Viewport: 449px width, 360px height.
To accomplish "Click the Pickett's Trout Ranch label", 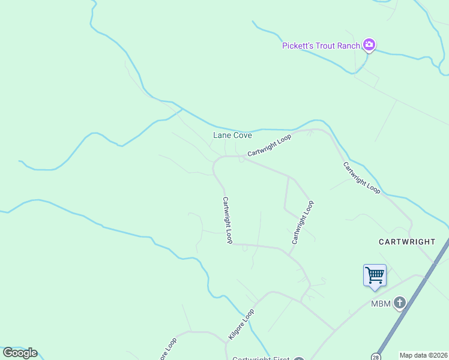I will tap(321, 46).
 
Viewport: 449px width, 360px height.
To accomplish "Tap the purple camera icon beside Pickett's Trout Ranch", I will tap(369, 45).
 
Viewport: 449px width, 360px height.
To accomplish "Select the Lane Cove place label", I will tap(233, 136).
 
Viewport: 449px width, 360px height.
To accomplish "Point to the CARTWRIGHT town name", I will tap(407, 242).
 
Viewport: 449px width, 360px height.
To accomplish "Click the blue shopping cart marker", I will tap(375, 275).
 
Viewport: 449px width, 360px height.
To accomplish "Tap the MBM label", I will tap(381, 304).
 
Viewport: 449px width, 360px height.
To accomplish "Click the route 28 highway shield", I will tap(376, 356).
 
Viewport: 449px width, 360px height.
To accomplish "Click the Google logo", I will tap(20, 353).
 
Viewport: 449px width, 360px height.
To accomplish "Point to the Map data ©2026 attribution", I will tap(424, 355).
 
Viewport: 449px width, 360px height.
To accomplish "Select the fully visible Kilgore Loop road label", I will tap(241, 325).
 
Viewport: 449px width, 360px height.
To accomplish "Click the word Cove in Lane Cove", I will tap(243, 136).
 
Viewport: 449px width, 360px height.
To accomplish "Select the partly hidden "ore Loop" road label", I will tap(167, 350).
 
